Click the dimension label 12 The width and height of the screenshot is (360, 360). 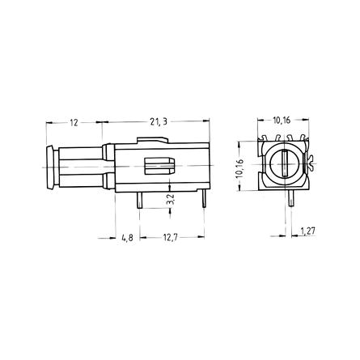(74, 123)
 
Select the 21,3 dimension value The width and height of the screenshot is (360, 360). (159, 122)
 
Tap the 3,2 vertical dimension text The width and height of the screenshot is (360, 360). (172, 200)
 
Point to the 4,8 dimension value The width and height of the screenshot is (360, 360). (127, 238)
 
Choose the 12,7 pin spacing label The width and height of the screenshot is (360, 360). (171, 238)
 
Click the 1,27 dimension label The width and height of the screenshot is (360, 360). (307, 231)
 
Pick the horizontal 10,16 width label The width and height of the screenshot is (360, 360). (282, 121)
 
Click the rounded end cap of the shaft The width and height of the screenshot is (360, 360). (50, 167)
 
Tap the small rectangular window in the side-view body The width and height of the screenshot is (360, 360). (159, 166)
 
